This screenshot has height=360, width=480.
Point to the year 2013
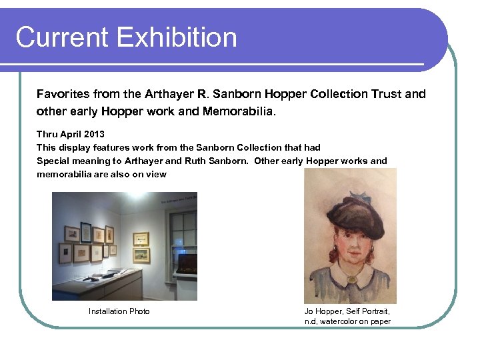coord(93,135)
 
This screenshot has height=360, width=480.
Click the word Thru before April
coord(47,135)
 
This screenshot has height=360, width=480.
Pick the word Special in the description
coord(53,161)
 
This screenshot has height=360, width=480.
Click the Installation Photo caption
coord(119,311)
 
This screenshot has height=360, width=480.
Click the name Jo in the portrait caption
coord(309,311)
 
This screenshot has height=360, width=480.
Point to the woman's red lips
coord(351,255)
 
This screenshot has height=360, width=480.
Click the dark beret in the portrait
coord(350,214)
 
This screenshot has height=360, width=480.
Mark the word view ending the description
coord(157,174)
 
